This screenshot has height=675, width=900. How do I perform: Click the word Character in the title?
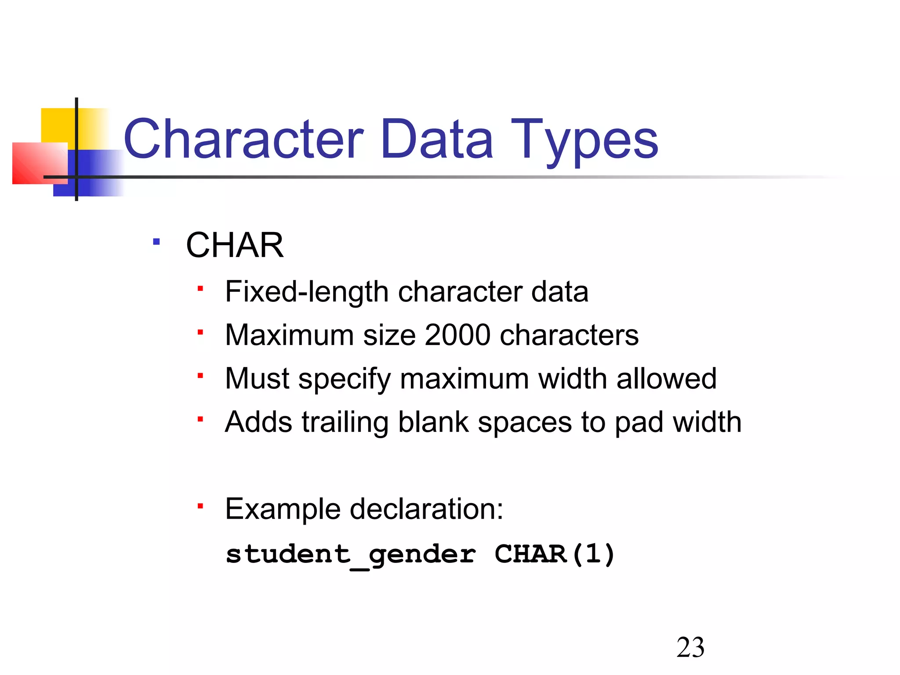tap(244, 139)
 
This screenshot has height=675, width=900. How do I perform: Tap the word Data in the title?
tap(437, 139)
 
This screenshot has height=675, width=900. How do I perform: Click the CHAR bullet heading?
tap(235, 245)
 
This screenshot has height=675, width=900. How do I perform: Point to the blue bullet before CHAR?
tap(156, 242)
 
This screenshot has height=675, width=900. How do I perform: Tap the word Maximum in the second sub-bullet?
tap(289, 335)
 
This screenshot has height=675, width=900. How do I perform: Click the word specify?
tap(345, 379)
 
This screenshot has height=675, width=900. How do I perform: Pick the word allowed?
tap(666, 378)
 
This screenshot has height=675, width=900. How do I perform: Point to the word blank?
tap(433, 422)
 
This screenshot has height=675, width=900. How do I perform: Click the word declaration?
tap(426, 509)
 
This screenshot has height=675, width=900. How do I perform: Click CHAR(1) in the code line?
tap(555, 554)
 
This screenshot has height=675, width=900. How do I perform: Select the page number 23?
tap(690, 648)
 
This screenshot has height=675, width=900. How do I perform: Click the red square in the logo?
tap(40, 163)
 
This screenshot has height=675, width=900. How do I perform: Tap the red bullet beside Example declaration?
tap(200, 506)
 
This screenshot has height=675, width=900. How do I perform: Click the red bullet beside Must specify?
tap(200, 376)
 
